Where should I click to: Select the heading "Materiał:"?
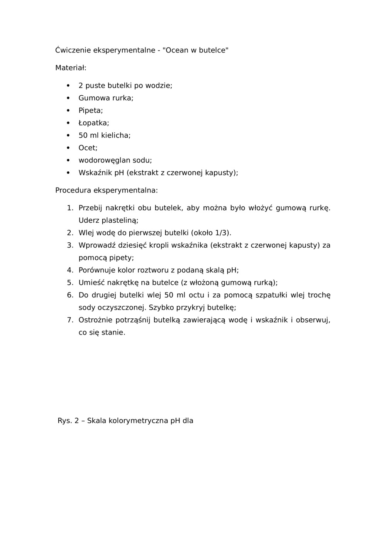tap(71, 68)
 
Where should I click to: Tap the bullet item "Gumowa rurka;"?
tap(106, 98)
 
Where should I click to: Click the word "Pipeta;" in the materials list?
tap(91, 110)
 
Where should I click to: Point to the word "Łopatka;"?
tap(94, 123)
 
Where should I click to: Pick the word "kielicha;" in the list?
tap(116, 135)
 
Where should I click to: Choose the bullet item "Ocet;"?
tap(88, 148)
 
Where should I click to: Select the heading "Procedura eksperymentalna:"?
tap(107, 191)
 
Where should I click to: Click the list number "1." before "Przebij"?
tap(70, 208)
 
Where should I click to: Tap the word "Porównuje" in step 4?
tap(97, 270)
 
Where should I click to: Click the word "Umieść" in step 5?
tap(91, 283)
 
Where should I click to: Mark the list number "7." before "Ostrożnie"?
tap(70, 320)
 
